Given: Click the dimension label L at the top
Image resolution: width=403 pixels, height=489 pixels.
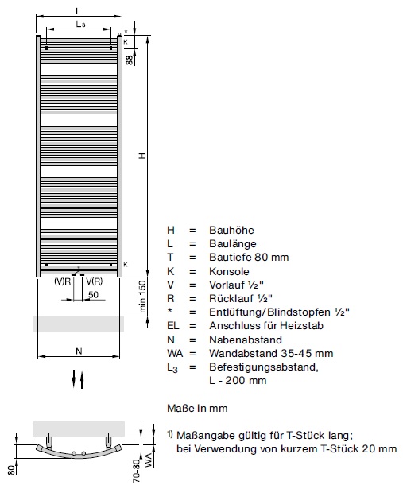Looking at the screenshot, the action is pos(78,11).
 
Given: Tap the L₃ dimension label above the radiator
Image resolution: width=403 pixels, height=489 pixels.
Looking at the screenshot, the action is pos(81,24).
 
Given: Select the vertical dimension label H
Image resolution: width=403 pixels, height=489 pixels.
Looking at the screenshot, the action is pos(142,156).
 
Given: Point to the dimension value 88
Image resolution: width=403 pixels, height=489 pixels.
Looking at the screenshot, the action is pos(129,60).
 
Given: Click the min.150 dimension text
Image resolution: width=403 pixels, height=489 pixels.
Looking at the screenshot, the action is pos(142,297).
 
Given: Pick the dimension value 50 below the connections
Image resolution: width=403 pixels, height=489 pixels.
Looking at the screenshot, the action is pos(93,294).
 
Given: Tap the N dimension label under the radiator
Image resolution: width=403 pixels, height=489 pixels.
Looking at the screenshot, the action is pos(79,351).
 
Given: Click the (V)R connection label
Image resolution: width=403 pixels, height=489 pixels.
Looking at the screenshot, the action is pos(62,281).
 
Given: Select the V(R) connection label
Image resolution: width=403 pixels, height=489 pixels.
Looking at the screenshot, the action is pos(94,281).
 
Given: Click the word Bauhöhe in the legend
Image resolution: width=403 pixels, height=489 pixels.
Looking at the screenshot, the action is pos(231,230).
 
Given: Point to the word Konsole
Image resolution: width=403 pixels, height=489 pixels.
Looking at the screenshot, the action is pos(229,271).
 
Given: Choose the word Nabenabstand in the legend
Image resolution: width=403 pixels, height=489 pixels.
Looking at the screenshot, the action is pos(246,340).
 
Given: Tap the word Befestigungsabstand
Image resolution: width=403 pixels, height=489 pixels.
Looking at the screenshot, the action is pos(264,367).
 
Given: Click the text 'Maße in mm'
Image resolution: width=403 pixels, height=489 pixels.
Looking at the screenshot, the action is pos(197,408).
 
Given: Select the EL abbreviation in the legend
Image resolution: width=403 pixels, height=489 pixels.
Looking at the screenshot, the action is pos(173,326).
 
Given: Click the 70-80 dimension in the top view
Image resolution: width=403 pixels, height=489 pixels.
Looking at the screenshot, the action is pos(137,471).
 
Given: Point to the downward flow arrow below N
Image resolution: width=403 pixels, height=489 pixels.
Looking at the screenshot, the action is pos(74,378).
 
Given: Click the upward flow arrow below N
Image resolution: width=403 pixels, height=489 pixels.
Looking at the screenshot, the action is pos(82,379).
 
